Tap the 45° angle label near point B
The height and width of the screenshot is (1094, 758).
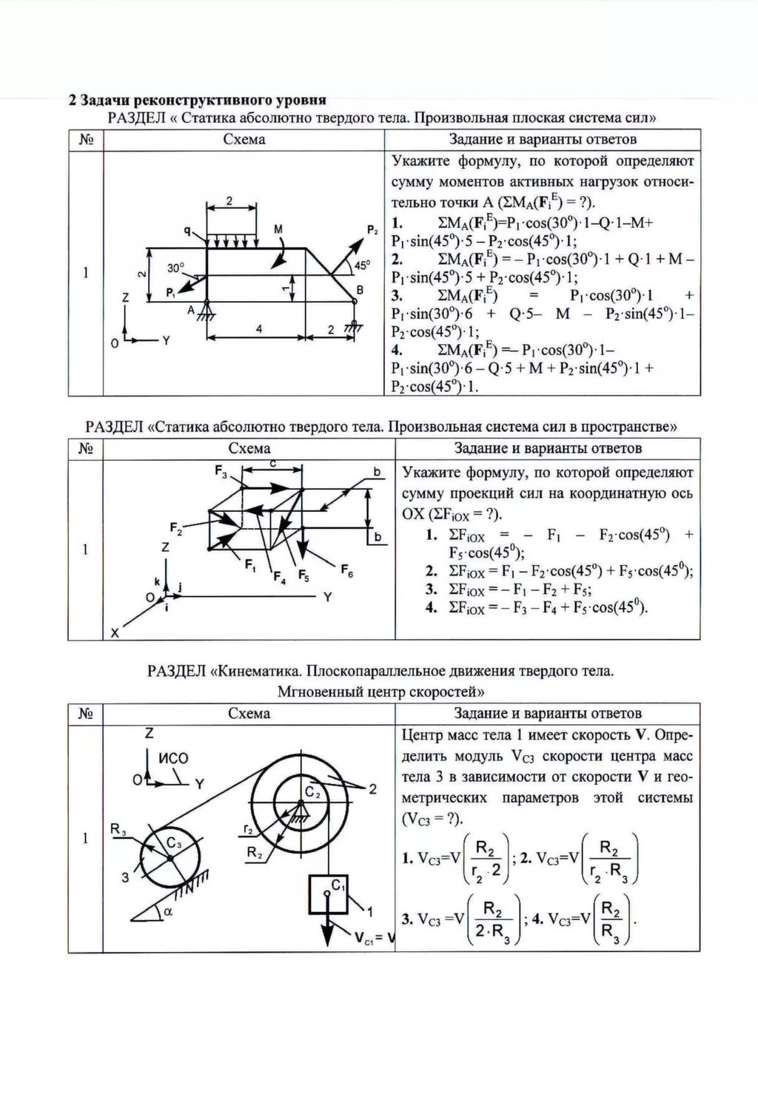point(362,265)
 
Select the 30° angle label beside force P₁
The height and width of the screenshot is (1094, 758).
point(175,269)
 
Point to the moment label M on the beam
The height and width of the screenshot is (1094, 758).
point(278,231)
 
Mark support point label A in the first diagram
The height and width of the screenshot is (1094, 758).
point(191,311)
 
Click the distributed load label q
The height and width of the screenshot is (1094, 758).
point(188,231)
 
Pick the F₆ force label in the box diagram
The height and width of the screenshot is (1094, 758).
point(347,569)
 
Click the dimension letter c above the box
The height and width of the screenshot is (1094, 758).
point(273,463)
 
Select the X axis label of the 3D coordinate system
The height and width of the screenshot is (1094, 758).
point(114,633)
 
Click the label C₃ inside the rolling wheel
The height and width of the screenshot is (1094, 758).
point(174,843)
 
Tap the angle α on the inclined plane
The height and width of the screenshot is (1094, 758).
point(167,913)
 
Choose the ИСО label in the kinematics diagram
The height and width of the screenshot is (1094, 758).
point(174,758)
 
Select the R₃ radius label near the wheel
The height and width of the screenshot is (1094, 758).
point(118,829)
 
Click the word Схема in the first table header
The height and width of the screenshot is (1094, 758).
point(244,140)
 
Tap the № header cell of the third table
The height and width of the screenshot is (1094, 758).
point(85,714)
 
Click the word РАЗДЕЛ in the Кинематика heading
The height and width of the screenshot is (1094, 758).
point(177,672)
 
